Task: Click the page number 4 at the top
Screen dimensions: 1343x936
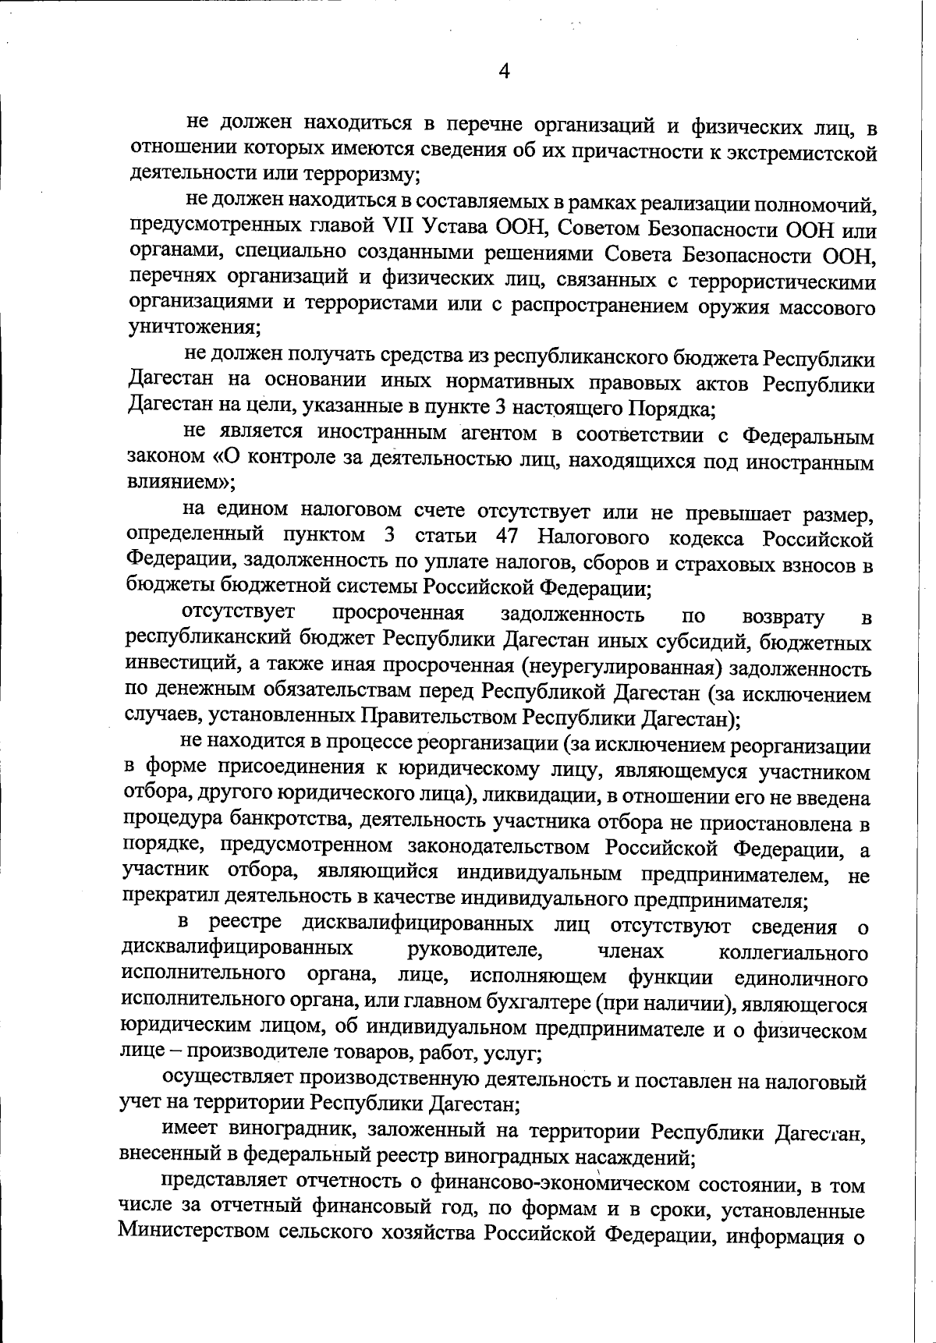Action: (x=505, y=73)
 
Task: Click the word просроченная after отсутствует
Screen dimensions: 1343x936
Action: (x=398, y=614)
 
